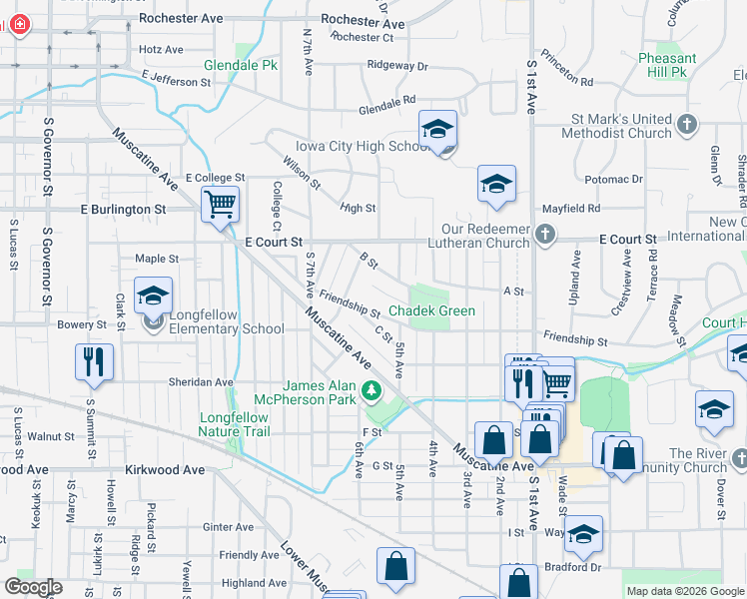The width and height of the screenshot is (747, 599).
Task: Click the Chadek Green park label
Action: tap(431, 311)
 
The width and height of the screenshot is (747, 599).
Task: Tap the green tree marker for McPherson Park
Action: tap(371, 389)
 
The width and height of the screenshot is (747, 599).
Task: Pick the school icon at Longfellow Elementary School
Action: tap(154, 297)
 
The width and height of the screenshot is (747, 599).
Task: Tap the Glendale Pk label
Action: tap(241, 65)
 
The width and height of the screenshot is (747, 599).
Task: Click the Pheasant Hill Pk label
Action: tap(667, 66)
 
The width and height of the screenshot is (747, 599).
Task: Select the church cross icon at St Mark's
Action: tap(686, 125)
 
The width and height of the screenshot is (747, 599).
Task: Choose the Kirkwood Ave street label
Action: tap(165, 469)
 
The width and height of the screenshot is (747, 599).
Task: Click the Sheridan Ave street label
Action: tap(200, 381)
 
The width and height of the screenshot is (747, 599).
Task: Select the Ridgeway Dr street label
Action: tap(396, 66)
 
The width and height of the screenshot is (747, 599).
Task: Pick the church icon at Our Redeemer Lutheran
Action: tap(544, 234)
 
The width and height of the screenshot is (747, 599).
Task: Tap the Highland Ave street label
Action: tap(253, 583)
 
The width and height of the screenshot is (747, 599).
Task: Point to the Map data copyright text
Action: tap(684, 591)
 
